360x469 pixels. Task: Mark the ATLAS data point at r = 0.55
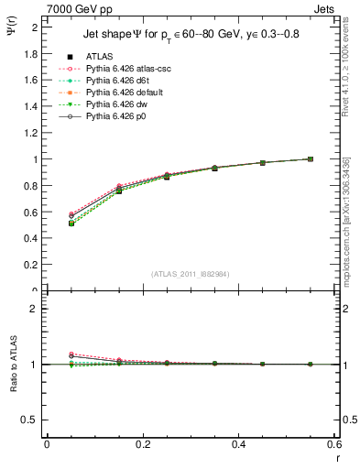coord(310,159)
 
